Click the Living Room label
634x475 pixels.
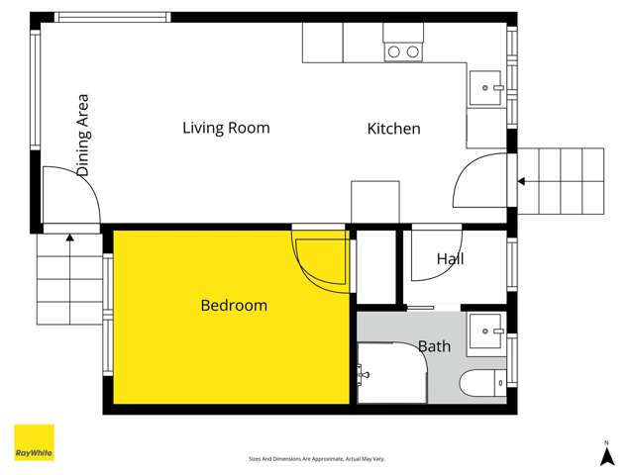point(226,128)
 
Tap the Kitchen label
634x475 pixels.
point(394,129)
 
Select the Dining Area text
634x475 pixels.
point(83,136)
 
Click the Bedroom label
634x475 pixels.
point(234,305)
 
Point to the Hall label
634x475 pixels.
point(450,259)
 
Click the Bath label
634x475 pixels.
point(435,346)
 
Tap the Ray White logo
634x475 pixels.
point(34,442)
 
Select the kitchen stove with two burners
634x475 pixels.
point(403,51)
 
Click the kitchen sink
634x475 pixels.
point(485,88)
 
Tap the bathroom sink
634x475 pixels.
point(485,328)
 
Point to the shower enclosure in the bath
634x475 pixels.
point(391,373)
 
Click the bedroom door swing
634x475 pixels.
point(319,259)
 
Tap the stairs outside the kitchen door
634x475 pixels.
point(561,181)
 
